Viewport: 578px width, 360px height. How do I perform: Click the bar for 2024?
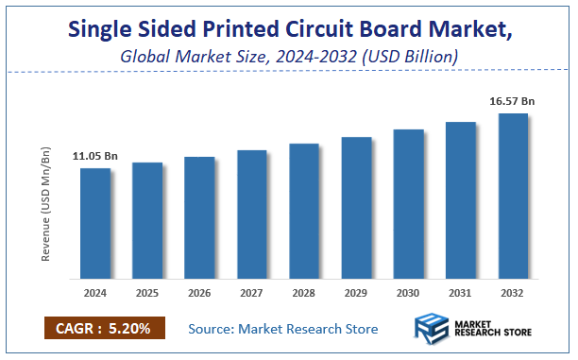[95, 224]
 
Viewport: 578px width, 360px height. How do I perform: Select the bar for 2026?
[199, 218]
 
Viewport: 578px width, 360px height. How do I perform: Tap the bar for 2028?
[304, 212]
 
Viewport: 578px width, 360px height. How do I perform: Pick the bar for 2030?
[408, 204]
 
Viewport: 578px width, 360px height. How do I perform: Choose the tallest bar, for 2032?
[513, 197]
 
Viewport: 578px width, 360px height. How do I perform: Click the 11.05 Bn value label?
[94, 156]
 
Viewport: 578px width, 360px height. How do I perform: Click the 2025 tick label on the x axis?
[147, 294]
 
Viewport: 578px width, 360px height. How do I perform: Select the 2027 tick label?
[252, 294]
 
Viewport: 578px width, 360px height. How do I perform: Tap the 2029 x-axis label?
[356, 294]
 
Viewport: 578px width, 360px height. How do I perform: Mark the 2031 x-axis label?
[461, 294]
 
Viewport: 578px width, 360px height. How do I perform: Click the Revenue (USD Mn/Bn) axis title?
[46, 203]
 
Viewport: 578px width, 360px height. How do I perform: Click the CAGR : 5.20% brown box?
[105, 328]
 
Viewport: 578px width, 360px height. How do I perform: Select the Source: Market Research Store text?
[283, 329]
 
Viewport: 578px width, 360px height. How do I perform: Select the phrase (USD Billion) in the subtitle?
[413, 59]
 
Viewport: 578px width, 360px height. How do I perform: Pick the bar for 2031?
[461, 200]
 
